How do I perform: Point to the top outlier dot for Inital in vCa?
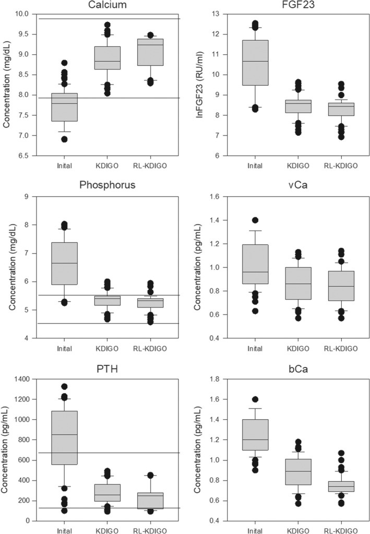pyautogui.click(x=253, y=220)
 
